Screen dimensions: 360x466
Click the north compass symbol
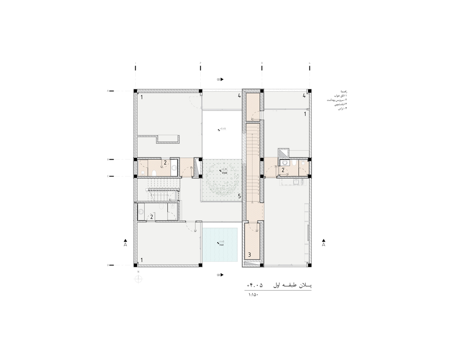[138, 279]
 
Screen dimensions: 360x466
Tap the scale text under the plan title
[252, 294]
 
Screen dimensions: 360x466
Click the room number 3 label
[250, 255]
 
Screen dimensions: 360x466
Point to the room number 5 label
[240, 197]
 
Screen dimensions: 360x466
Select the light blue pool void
[220, 245]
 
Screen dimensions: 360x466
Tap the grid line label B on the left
[108, 159]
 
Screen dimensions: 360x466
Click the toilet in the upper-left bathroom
[153, 173]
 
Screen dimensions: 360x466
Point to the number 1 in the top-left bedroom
[141, 97]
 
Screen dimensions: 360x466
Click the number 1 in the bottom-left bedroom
[141, 259]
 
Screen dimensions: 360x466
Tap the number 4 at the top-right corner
[304, 96]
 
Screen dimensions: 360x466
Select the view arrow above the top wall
[220, 79]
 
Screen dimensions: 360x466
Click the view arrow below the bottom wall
[220, 275]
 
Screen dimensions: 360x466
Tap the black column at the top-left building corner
[136, 91]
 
